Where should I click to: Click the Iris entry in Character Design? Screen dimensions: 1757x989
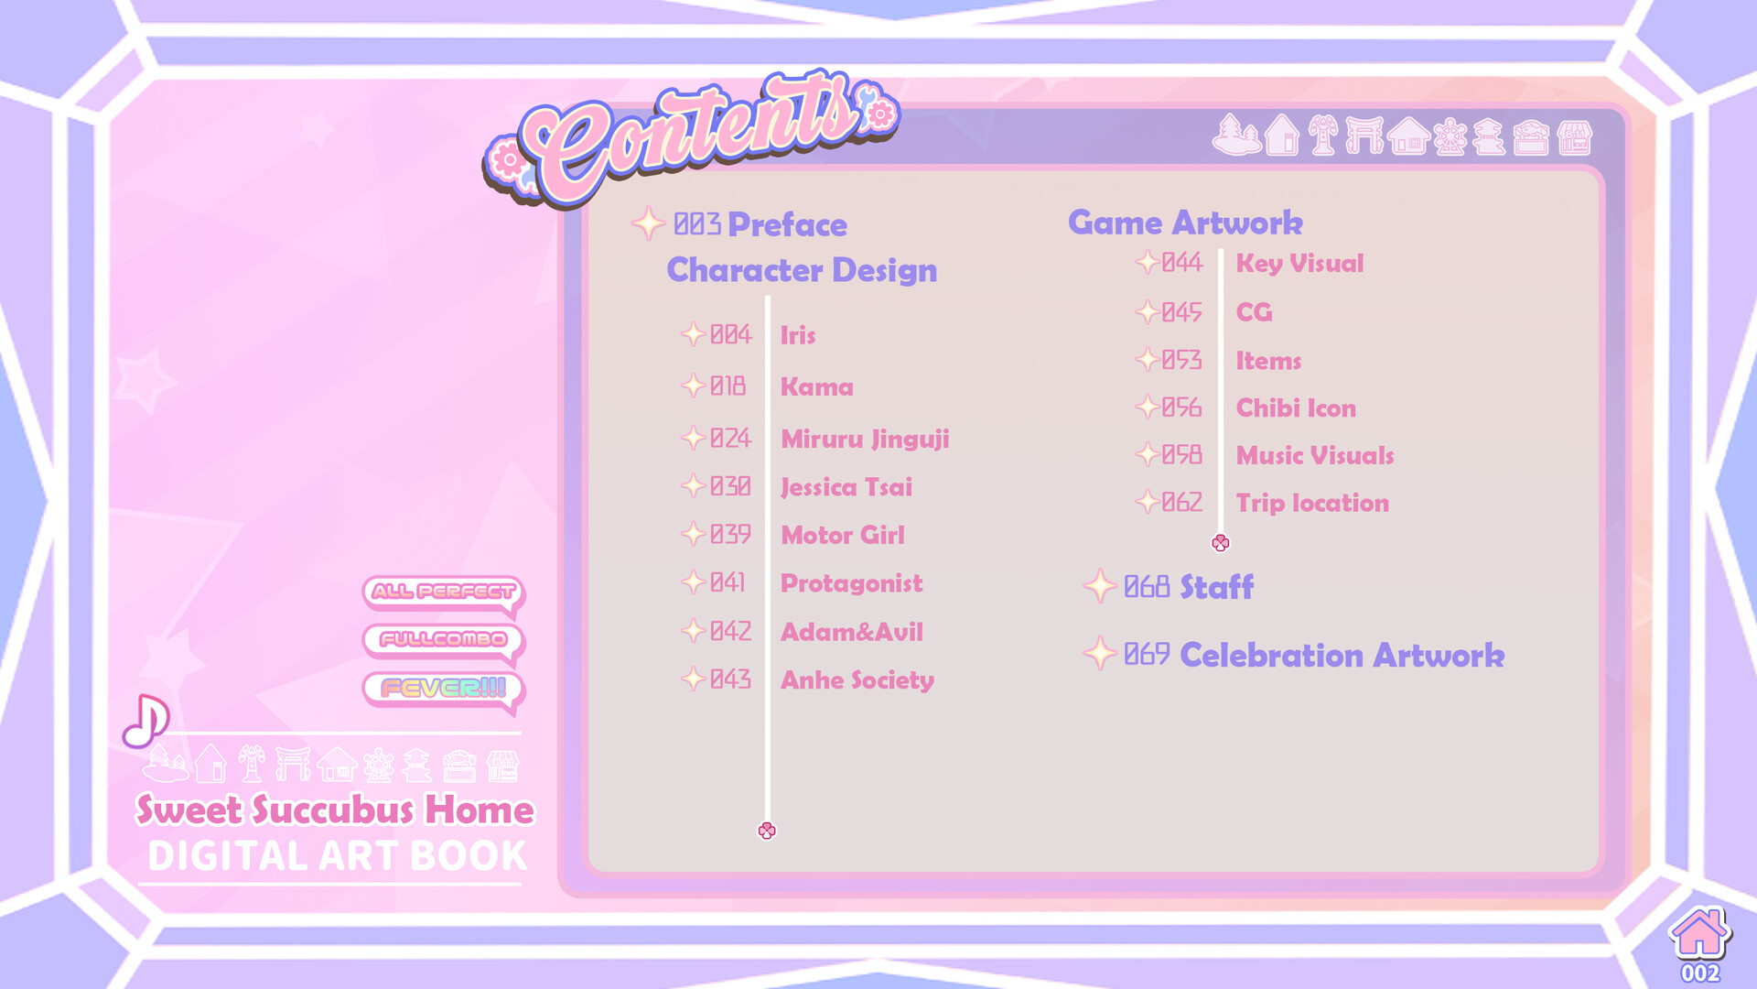pyautogui.click(x=797, y=335)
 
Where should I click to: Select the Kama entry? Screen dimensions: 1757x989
pyautogui.click(x=816, y=386)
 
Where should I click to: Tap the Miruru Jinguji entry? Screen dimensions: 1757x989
pyautogui.click(x=865, y=440)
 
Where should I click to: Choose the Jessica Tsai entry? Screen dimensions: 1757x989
pyautogui.click(x=846, y=487)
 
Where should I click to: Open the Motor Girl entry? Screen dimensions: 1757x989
pyautogui.click(x=842, y=535)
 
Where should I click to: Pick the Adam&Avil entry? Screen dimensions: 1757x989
pyautogui.click(x=851, y=632)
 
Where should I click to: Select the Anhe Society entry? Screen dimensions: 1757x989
pyautogui.click(x=857, y=680)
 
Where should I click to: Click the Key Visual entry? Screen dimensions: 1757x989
pyautogui.click(x=1299, y=264)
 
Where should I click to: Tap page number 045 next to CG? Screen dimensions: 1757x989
pyautogui.click(x=1181, y=312)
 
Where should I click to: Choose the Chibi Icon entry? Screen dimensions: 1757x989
pyautogui.click(x=1296, y=408)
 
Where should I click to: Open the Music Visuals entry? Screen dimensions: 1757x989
pyautogui.click(x=1315, y=456)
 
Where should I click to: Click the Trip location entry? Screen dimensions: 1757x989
pyautogui.click(x=1312, y=504)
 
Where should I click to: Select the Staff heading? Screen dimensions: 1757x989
pyautogui.click(x=1216, y=587)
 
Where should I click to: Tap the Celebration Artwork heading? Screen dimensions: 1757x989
pyautogui.click(x=1342, y=656)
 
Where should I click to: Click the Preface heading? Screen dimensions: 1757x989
pyautogui.click(x=787, y=225)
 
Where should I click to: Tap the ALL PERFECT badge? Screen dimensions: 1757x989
pyautogui.click(x=443, y=592)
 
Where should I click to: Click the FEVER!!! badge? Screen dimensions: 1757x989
pyautogui.click(x=443, y=689)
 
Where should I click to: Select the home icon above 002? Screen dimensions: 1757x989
pyautogui.click(x=1699, y=933)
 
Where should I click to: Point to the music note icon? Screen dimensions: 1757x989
pyautogui.click(x=146, y=721)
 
